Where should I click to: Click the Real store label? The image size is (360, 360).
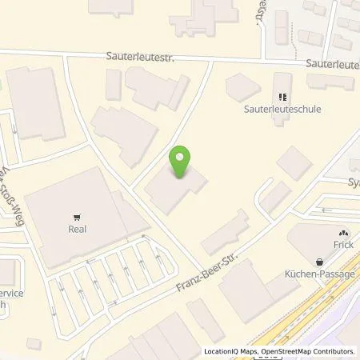point(77,229)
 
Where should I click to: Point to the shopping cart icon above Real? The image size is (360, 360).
point(77,216)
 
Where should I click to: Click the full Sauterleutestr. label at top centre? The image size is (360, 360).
point(140,58)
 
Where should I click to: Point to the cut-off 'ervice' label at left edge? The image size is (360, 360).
point(10,293)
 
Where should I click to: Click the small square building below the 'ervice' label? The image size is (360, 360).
point(33,343)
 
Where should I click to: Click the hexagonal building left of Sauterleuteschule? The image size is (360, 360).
point(239,86)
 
